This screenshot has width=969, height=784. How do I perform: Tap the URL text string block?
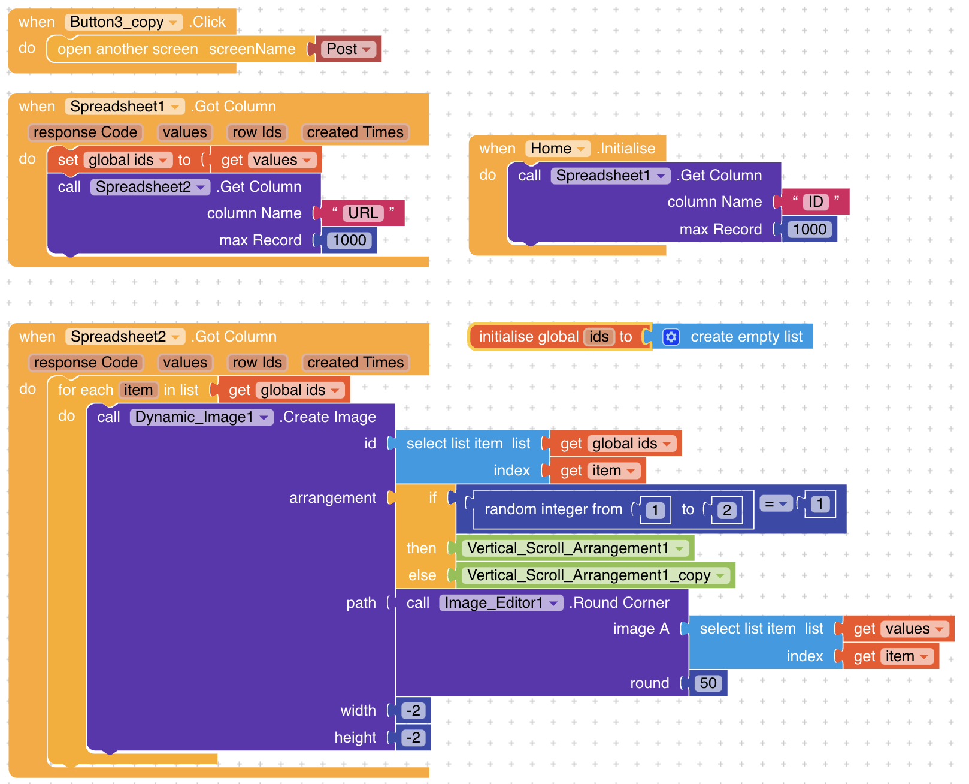point(363,213)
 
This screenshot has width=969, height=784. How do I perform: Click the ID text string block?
point(816,202)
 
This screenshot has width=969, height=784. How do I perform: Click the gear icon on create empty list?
point(671,337)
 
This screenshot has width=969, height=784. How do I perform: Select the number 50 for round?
point(708,683)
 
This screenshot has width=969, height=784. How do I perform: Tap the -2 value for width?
point(413,711)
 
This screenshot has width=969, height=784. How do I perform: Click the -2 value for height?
point(413,738)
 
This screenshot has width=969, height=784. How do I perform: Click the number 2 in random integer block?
point(726,511)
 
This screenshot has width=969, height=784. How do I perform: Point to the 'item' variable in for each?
point(138,390)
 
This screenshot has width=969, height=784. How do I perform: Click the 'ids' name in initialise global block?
point(599,337)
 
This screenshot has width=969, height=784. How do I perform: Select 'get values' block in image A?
point(898,629)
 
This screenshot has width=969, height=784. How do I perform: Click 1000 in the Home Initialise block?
point(810,230)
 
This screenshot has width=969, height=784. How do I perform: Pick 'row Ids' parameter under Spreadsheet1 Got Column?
point(257,132)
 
